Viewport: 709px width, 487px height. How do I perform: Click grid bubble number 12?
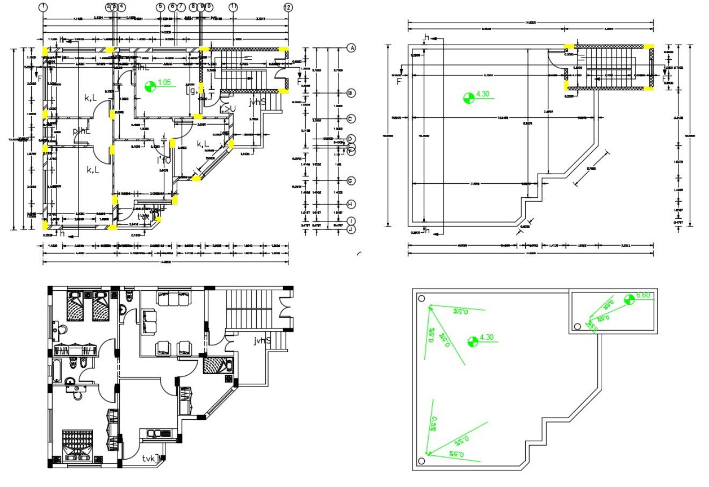[x=288, y=7]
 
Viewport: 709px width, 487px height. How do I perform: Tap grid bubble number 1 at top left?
[x=43, y=7]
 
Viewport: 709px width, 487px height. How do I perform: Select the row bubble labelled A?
[x=352, y=48]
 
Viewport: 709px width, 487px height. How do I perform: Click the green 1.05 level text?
[x=164, y=82]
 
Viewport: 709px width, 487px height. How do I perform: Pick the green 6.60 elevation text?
[x=643, y=295]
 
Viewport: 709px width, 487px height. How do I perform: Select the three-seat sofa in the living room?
[x=173, y=297]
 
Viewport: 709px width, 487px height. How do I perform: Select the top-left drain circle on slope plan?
[x=422, y=299]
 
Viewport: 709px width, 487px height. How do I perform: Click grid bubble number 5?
[x=160, y=7]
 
